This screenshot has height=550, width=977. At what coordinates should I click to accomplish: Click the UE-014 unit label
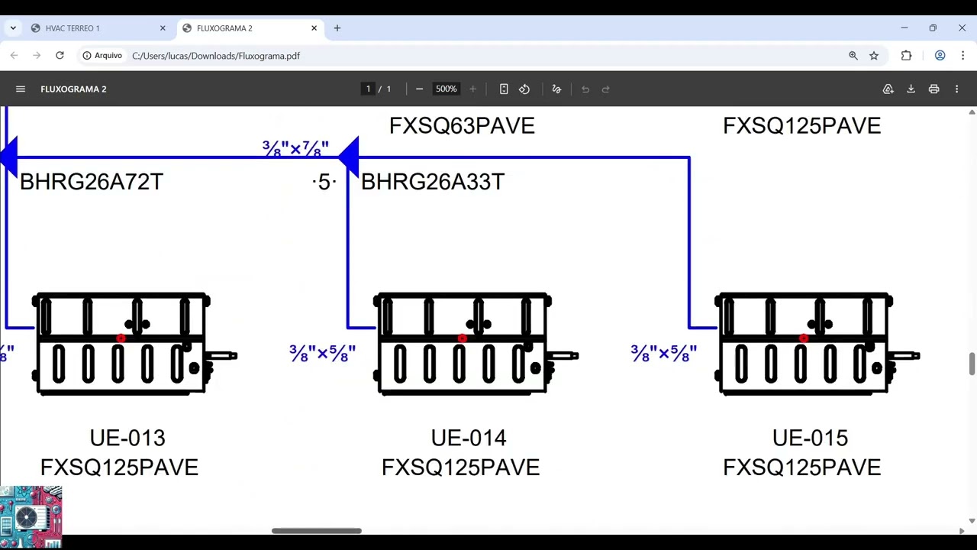click(x=469, y=438)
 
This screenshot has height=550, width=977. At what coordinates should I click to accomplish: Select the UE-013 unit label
click(x=127, y=438)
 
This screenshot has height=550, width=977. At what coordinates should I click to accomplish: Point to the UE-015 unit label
click(x=810, y=438)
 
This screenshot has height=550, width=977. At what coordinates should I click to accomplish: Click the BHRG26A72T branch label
click(x=92, y=182)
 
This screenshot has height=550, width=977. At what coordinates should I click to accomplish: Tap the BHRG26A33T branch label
click(x=433, y=182)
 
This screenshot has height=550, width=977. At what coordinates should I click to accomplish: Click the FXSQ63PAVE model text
click(x=462, y=126)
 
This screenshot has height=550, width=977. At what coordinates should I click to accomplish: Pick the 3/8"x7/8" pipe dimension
click(x=295, y=148)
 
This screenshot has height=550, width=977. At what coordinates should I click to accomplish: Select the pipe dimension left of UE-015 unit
click(x=663, y=353)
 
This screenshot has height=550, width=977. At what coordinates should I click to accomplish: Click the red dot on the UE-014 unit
click(x=463, y=338)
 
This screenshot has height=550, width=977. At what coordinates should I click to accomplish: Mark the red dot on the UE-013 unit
click(x=121, y=338)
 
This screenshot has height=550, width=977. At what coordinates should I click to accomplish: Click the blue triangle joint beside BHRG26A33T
click(x=349, y=157)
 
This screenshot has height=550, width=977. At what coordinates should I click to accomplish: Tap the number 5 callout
click(x=324, y=182)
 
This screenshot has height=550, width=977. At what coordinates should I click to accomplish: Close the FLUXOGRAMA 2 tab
click(x=314, y=28)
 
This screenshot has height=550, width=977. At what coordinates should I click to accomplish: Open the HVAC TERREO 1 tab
click(x=98, y=28)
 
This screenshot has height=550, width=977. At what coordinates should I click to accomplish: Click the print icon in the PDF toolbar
click(x=933, y=89)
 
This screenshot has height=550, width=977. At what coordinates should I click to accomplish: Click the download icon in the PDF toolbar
click(x=911, y=89)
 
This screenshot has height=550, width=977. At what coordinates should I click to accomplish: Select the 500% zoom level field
click(x=446, y=89)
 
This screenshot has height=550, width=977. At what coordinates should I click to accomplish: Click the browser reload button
click(x=60, y=56)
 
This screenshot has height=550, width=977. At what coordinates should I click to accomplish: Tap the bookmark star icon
click(x=874, y=56)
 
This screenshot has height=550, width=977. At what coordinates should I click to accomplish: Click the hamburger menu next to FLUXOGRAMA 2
click(x=21, y=89)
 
